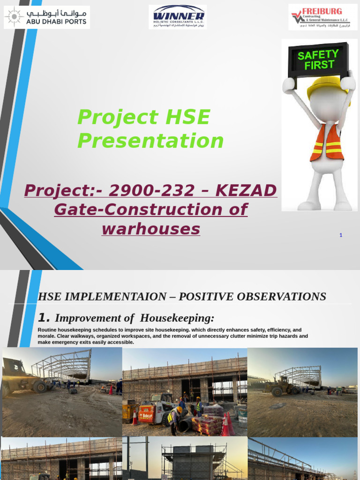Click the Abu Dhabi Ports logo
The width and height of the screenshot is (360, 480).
46,17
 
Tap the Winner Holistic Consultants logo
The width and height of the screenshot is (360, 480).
178,17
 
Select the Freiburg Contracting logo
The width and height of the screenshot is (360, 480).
322,17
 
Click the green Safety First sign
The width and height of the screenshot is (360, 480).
318,60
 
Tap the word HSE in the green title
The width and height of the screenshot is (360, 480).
187,117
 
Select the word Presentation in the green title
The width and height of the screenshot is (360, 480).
150,141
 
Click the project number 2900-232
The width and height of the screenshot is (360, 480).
151,191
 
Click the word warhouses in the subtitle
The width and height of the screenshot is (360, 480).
150,229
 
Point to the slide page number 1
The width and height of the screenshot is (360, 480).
341,235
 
